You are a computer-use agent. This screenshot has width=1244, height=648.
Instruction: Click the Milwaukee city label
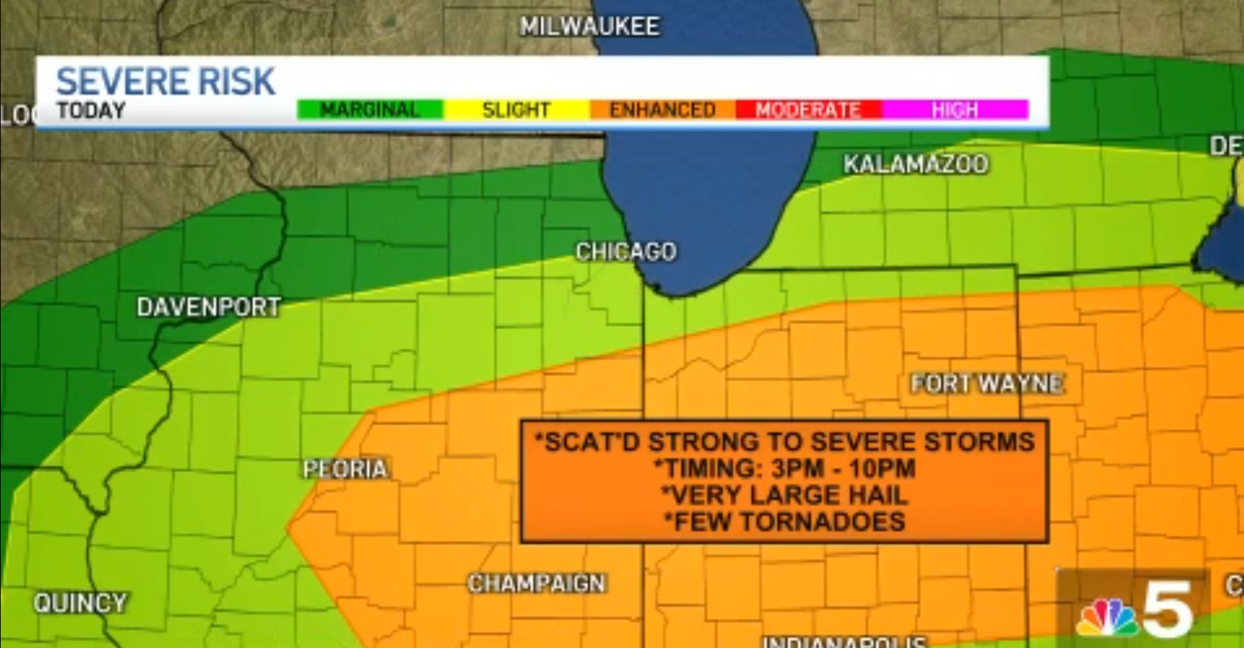589,26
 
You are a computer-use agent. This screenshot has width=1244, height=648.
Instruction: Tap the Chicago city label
626,252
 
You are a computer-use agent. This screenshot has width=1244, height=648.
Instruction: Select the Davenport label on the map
208,307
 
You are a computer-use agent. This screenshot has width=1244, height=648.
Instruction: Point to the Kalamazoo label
915,164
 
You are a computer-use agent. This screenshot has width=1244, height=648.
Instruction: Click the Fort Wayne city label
987,383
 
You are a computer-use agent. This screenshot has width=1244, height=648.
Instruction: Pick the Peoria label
345,469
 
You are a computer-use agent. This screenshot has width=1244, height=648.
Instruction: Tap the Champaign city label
536,583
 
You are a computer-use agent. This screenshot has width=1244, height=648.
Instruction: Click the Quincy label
80,603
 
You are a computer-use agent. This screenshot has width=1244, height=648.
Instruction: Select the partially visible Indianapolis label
844,641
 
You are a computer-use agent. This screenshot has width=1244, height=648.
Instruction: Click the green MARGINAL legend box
370,110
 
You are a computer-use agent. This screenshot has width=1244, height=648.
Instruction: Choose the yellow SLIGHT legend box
516,110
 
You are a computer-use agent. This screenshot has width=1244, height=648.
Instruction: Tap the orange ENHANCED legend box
662,110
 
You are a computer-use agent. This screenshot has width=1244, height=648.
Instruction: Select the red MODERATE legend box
808,110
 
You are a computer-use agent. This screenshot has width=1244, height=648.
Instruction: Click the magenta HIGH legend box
954,110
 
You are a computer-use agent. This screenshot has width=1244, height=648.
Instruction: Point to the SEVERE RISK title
165,81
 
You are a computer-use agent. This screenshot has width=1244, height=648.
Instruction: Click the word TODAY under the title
91,111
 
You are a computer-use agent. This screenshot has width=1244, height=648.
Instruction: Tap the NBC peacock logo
1106,617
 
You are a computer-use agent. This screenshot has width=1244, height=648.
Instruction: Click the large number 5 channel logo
1167,608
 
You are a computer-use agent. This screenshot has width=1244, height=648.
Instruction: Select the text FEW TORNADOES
784,522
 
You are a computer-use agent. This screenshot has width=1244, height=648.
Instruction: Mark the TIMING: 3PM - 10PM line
784,468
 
